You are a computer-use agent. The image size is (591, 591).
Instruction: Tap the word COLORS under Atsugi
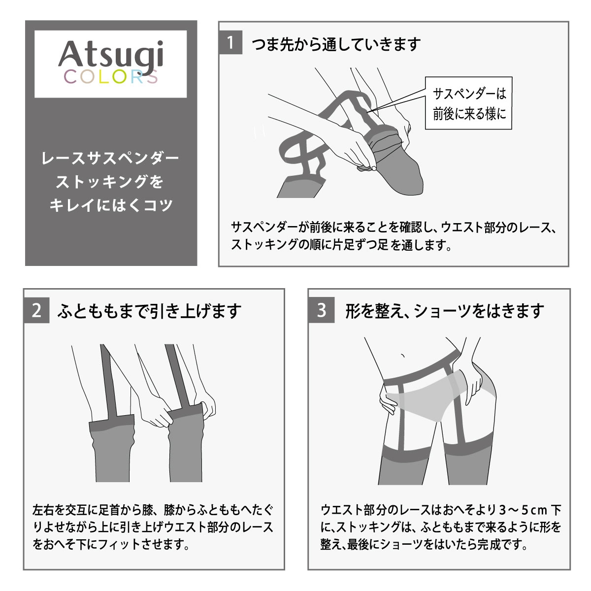(111, 77)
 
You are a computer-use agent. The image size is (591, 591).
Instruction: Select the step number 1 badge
(230, 43)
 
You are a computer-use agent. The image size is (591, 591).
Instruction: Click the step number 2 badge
(36, 310)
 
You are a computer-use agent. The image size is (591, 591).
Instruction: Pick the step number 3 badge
(322, 310)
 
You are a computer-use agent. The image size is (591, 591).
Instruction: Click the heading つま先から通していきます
(336, 44)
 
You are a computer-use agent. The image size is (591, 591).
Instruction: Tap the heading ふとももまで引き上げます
(149, 311)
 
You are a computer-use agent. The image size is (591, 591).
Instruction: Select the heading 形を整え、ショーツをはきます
(445, 311)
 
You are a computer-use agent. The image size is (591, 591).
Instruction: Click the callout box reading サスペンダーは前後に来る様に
(469, 103)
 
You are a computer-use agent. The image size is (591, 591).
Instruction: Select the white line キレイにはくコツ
(111, 205)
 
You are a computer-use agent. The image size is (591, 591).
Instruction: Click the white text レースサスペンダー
(110, 158)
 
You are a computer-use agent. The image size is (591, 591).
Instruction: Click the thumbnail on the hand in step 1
(374, 168)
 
